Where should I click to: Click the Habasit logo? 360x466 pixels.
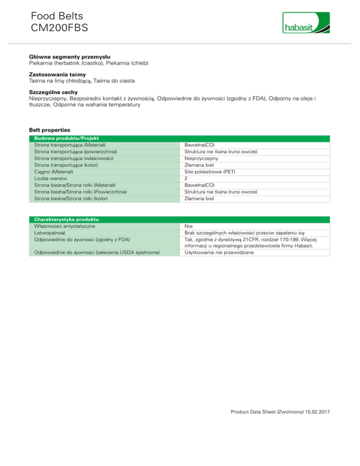tap(306, 23)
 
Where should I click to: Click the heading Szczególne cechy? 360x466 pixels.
tap(53, 92)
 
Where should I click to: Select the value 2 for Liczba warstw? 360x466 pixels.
tap(186, 179)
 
